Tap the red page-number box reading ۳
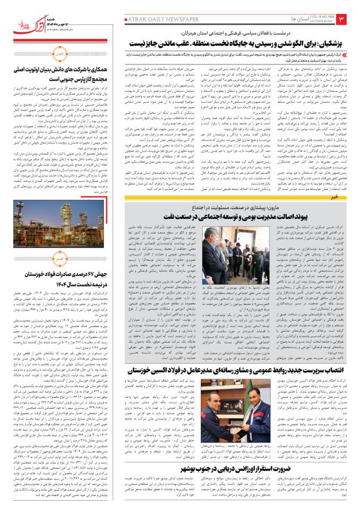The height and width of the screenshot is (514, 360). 341,19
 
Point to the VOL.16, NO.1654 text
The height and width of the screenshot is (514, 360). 302,16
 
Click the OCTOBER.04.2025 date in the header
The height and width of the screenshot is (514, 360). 302,23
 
